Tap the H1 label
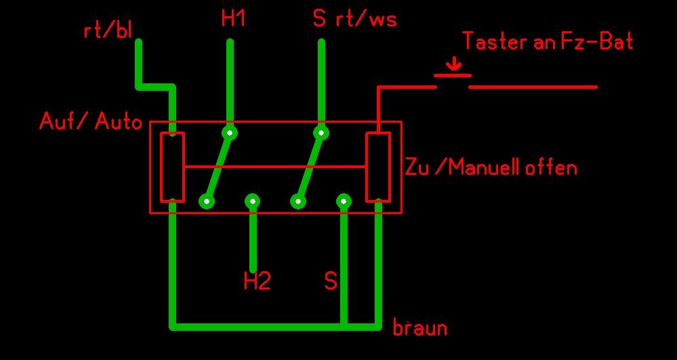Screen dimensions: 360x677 (x=233, y=19)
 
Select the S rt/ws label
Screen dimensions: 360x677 (x=354, y=19)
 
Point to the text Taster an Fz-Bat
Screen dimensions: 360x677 (x=548, y=42)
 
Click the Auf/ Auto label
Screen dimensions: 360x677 (x=91, y=122)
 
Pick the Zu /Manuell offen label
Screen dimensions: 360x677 (x=491, y=167)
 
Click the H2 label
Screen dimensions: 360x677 (x=257, y=281)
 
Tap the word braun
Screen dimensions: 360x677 (x=420, y=328)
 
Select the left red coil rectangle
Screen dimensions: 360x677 (x=172, y=167)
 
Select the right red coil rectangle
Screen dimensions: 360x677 (x=377, y=167)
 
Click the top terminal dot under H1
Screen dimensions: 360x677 (x=230, y=132)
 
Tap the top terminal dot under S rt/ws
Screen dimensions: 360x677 (x=321, y=132)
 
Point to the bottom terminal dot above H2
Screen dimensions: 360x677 (x=253, y=201)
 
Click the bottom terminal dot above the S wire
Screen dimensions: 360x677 (x=344, y=201)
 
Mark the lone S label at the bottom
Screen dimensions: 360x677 (x=331, y=281)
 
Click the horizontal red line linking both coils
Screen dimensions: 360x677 (x=274, y=167)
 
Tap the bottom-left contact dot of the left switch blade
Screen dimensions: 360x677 (x=207, y=201)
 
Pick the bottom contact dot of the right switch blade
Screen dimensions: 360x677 (x=298, y=201)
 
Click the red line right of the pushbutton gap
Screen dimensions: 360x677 (x=533, y=87)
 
